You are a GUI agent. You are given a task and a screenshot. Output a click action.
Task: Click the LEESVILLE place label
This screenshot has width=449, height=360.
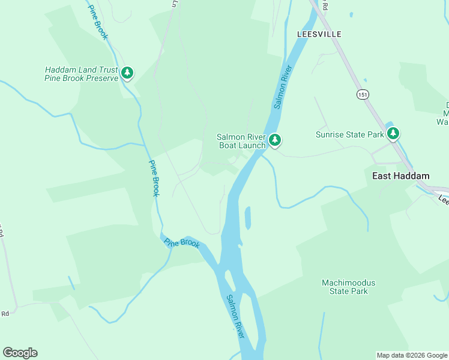(319, 34)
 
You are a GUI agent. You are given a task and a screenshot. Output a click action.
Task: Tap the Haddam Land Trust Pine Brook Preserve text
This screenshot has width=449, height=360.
(82, 74)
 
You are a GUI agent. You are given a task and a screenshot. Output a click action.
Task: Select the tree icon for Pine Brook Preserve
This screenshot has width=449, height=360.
(127, 73)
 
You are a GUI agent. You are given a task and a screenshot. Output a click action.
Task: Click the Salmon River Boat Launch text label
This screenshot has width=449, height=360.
(241, 141)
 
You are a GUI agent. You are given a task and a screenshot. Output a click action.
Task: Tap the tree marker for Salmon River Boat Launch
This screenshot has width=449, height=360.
(275, 140)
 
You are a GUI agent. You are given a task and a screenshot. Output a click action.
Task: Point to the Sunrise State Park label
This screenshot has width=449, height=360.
(349, 134)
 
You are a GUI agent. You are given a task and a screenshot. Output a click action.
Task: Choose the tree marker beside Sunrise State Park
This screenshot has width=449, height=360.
(393, 133)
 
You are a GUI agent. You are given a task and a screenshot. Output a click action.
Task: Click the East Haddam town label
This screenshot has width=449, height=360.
(400, 176)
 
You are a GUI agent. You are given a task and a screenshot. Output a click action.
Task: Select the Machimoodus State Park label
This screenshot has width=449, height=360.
(345, 287)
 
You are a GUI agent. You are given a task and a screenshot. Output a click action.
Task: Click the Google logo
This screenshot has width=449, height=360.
(20, 353)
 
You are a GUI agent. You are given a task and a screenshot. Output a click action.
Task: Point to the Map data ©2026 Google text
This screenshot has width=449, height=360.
(411, 355)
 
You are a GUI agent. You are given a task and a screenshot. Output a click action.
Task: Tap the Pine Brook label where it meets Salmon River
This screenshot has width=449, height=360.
(182, 243)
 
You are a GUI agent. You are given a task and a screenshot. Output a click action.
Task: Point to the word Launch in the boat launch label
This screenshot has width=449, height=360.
(252, 145)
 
